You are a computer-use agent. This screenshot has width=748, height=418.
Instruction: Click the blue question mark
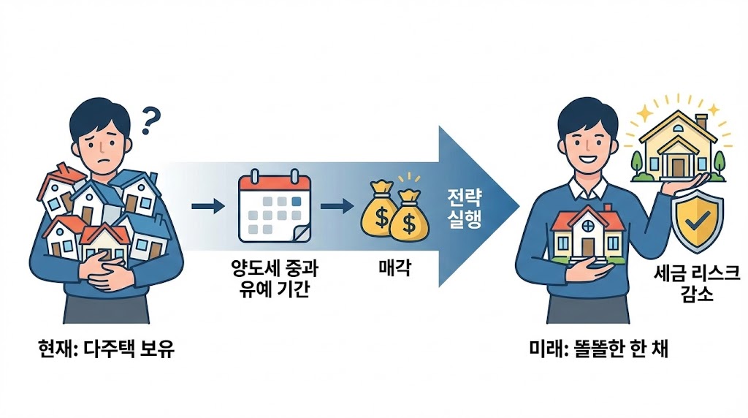coord(150,121)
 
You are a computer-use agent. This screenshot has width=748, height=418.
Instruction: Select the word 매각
coord(395,269)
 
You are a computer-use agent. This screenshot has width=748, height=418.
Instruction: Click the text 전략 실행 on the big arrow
coord(464,208)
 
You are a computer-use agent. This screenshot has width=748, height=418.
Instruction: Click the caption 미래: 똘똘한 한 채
coord(598,349)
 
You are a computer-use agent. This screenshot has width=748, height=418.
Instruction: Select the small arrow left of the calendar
coord(207,206)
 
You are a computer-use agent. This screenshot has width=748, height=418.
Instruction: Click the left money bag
coord(380,212)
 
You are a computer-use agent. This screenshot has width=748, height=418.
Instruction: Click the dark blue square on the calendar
coord(296,199)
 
